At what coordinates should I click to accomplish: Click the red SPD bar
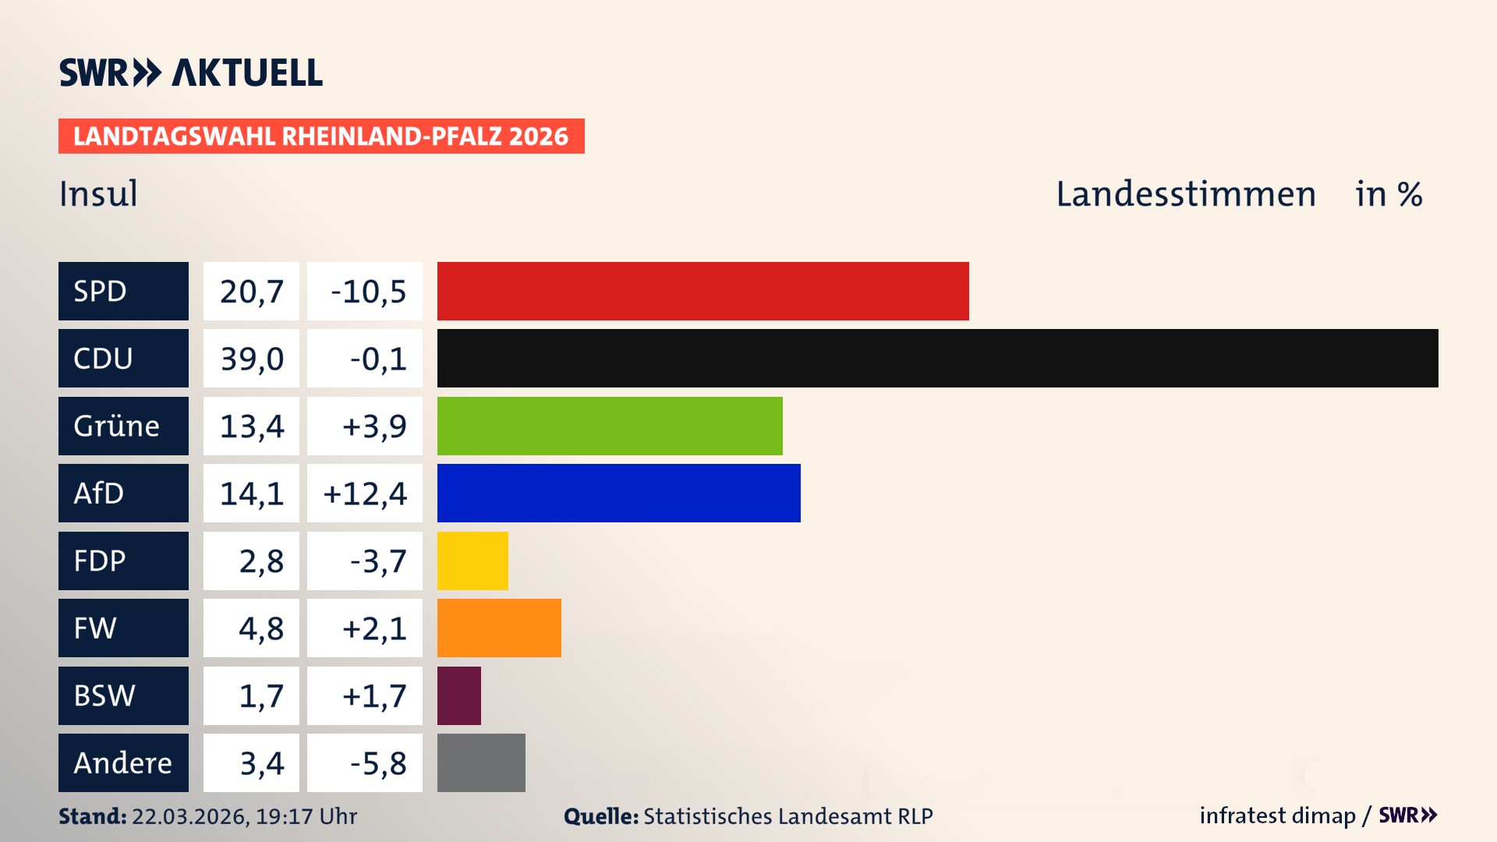click(x=702, y=291)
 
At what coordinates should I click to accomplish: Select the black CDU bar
click(x=937, y=358)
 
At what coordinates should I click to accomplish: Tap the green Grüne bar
click(x=610, y=426)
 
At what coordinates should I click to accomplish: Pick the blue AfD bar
click(x=618, y=493)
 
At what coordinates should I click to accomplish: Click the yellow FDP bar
click(x=472, y=561)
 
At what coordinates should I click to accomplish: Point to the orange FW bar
click(x=499, y=628)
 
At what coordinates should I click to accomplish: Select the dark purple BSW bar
click(x=458, y=695)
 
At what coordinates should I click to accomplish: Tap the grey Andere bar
click(x=481, y=762)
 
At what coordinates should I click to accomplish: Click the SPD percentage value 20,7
click(x=251, y=291)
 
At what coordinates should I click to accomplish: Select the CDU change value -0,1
click(x=378, y=359)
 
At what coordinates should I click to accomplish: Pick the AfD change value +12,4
click(x=365, y=494)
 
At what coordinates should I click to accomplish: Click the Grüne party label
click(x=117, y=426)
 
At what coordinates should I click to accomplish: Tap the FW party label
click(x=95, y=628)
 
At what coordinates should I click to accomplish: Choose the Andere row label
click(x=122, y=762)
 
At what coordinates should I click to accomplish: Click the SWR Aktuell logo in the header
click(x=191, y=73)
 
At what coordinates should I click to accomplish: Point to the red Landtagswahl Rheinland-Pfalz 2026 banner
click(x=321, y=136)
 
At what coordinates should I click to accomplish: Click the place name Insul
click(x=98, y=193)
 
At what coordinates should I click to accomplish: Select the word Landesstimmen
click(x=1185, y=193)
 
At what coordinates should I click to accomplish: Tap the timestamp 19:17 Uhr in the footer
click(x=306, y=816)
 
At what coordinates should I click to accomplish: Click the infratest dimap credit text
click(x=1277, y=815)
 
